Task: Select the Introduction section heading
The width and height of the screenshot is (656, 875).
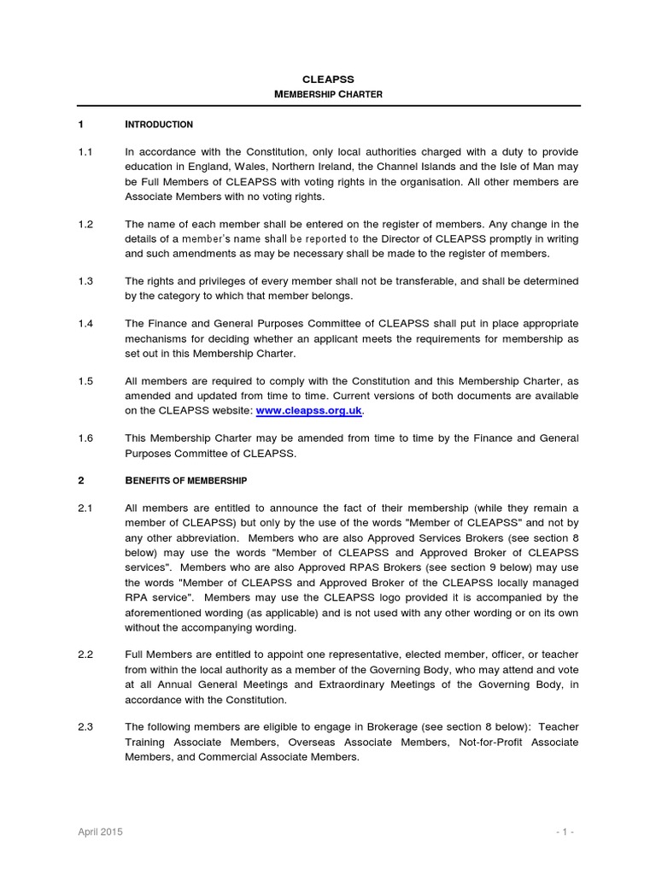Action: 159,125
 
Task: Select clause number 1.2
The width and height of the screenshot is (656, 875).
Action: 85,225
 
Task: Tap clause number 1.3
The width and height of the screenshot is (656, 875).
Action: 85,281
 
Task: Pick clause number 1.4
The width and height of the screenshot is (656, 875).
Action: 85,324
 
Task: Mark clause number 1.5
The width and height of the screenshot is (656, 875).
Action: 85,381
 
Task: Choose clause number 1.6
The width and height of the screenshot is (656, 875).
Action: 85,438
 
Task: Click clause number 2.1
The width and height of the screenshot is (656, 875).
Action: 85,508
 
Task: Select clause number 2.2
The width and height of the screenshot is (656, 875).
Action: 85,654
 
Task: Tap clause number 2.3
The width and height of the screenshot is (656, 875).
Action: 85,726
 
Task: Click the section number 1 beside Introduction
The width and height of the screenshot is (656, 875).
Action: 80,125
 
